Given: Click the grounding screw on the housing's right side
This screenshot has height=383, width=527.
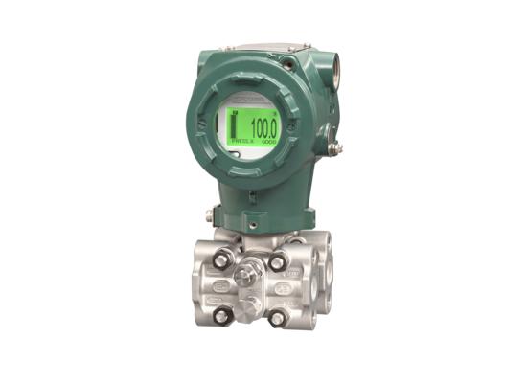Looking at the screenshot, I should click(335, 147).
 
